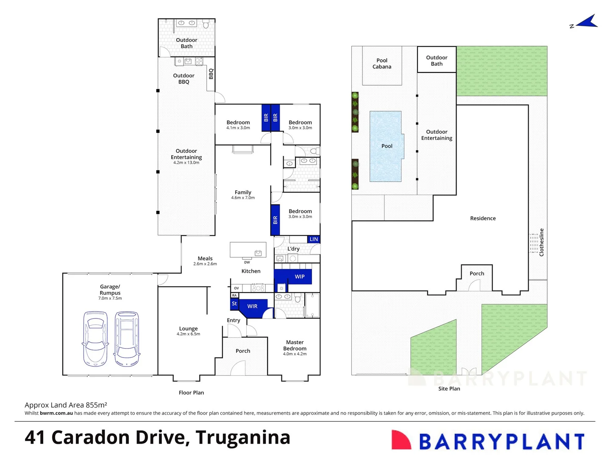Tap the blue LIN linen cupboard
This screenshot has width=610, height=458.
[x=314, y=239]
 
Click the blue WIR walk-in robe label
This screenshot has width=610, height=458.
[x=252, y=306]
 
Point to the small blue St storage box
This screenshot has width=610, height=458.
[x=234, y=304]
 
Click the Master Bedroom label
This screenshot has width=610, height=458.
[x=295, y=345]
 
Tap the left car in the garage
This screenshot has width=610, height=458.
[x=95, y=338]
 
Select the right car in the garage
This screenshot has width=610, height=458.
[x=126, y=338]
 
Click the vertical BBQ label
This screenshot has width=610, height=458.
[x=211, y=74]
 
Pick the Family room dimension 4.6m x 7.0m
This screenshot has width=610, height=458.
[x=243, y=198]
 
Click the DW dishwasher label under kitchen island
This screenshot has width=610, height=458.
[x=247, y=262]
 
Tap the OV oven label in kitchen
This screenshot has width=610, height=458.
[x=237, y=288]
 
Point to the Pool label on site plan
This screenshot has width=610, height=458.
[x=387, y=146]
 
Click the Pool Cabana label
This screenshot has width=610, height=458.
[x=382, y=64]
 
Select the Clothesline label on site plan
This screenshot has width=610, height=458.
[x=541, y=242]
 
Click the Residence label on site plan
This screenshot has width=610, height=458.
[x=483, y=218]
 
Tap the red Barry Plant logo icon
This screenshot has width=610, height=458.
[x=401, y=440]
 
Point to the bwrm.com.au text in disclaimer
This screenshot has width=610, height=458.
[x=56, y=413]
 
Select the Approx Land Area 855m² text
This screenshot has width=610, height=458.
[x=66, y=405]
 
